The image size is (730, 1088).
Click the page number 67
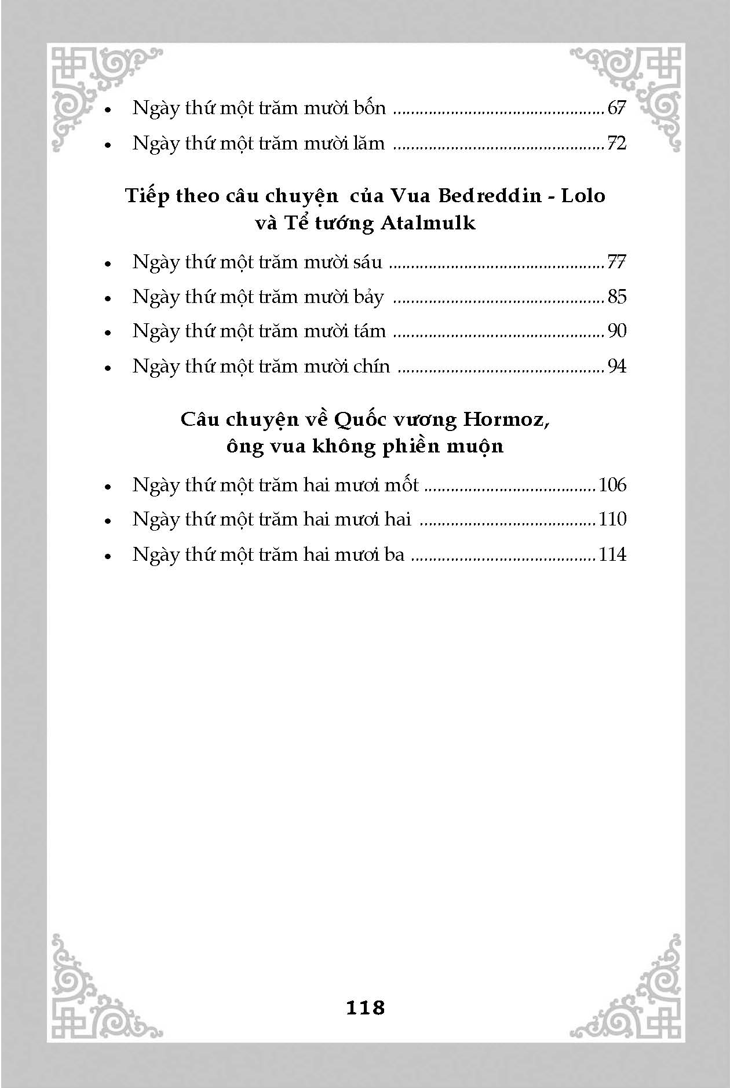[x=617, y=108]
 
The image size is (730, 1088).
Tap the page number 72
[x=616, y=143]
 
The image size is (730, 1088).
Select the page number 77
[x=616, y=262]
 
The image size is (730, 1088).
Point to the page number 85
[x=617, y=297]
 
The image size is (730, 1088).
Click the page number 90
[x=617, y=331]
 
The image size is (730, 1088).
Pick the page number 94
[x=616, y=366]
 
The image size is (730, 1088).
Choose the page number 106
[x=612, y=485]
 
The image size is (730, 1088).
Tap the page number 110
[x=612, y=519]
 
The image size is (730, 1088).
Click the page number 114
[x=612, y=554]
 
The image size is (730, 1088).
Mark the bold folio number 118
[x=365, y=1008]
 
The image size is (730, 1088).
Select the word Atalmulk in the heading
[x=428, y=223]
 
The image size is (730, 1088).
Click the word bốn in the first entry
[x=369, y=108]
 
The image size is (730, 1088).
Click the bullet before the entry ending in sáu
[x=108, y=264]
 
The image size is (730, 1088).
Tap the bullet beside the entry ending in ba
[x=108, y=556]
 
